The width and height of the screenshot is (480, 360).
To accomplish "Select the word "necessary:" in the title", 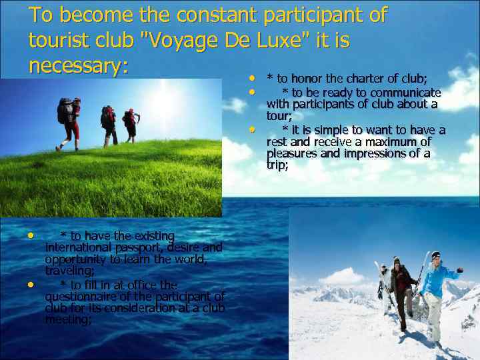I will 78,66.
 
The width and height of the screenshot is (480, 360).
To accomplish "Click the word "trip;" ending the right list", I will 277,165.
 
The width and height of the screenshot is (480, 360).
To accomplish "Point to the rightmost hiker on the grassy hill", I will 131,124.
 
